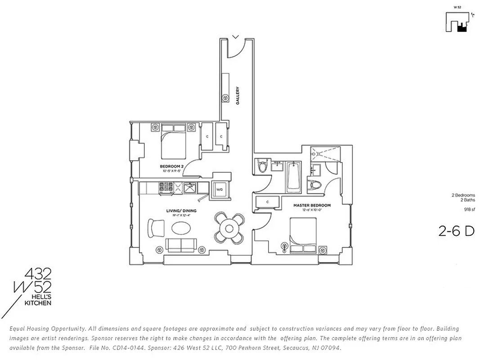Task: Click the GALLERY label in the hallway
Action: point(238,96)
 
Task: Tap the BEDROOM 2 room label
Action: point(172,166)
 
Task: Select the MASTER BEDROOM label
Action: point(312,206)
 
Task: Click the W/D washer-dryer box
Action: point(220,189)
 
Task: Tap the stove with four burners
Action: point(166,187)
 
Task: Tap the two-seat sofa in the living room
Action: point(182,245)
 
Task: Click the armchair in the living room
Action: point(156,227)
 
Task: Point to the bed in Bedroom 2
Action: point(173,142)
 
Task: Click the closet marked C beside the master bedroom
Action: point(268,202)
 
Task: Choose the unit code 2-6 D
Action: point(456,231)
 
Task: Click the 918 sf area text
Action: point(470,209)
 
